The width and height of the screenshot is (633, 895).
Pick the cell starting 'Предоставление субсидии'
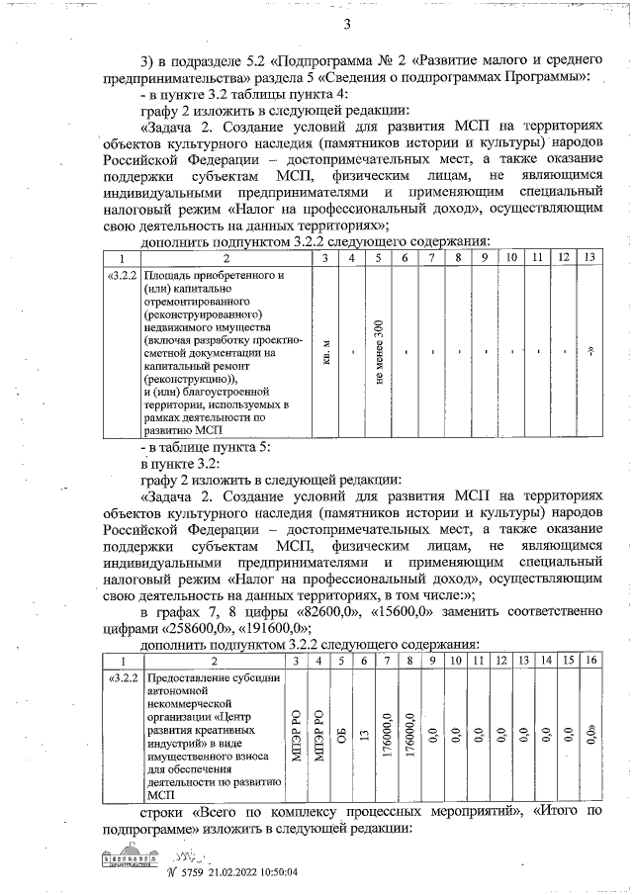coord(213,737)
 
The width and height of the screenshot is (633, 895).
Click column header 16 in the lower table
coord(590,660)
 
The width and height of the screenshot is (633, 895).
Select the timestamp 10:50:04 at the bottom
coord(270,871)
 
